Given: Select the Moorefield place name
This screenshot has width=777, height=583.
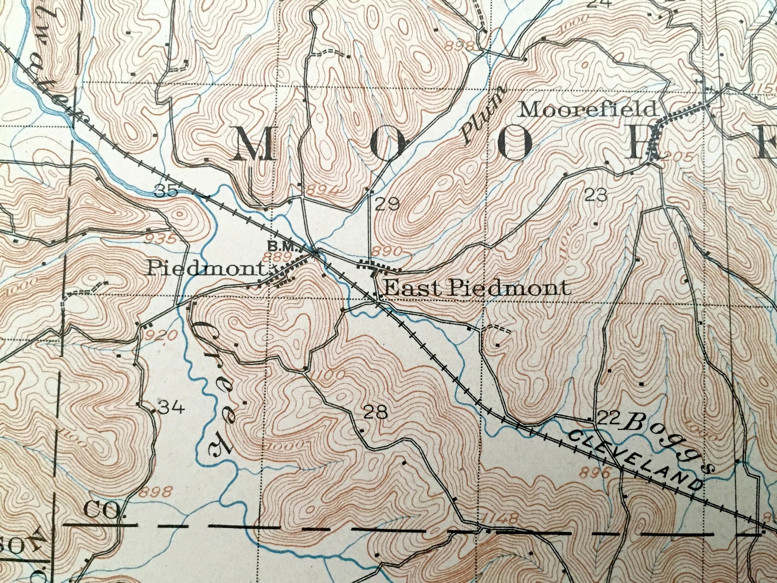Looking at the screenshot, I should click(587, 109).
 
